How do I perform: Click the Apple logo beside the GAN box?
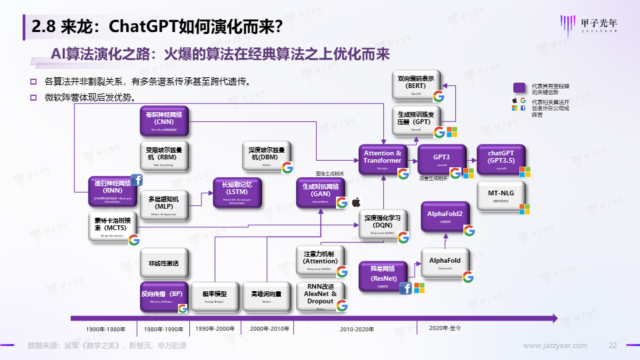355,201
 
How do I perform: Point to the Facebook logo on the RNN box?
137,180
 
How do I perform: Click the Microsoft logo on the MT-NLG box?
524,209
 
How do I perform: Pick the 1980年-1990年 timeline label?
163,329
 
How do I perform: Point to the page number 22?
614,345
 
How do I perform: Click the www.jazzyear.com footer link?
555,345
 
